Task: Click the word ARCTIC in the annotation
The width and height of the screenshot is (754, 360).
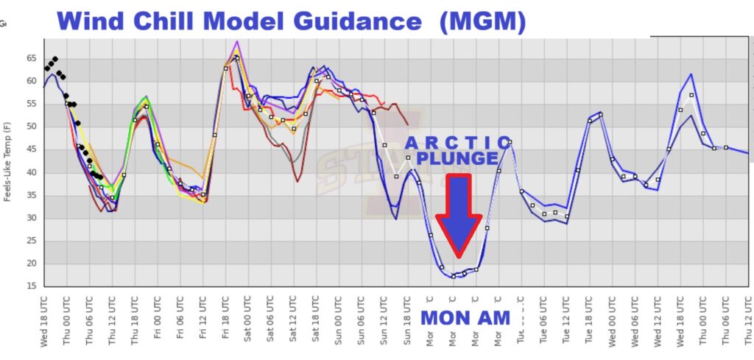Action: pos(457,142)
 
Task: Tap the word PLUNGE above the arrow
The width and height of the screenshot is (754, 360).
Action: pos(457,158)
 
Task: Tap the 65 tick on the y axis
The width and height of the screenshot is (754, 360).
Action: pos(32,58)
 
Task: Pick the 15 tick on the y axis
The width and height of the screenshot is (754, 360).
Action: pos(32,286)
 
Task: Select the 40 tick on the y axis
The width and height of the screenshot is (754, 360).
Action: pos(32,172)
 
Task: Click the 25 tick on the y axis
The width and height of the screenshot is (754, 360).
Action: pos(32,241)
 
